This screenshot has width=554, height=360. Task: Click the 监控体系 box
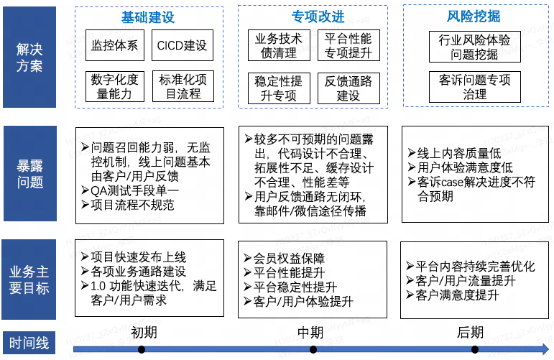click(115, 45)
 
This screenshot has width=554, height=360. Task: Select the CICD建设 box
click(182, 45)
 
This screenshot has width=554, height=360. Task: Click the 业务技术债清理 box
click(279, 45)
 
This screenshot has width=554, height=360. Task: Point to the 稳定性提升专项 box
click(279, 88)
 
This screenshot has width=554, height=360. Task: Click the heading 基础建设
click(148, 17)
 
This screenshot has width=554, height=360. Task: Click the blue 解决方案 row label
click(29, 57)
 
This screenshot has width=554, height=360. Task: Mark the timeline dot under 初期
click(142, 349)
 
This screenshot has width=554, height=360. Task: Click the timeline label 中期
click(313, 333)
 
